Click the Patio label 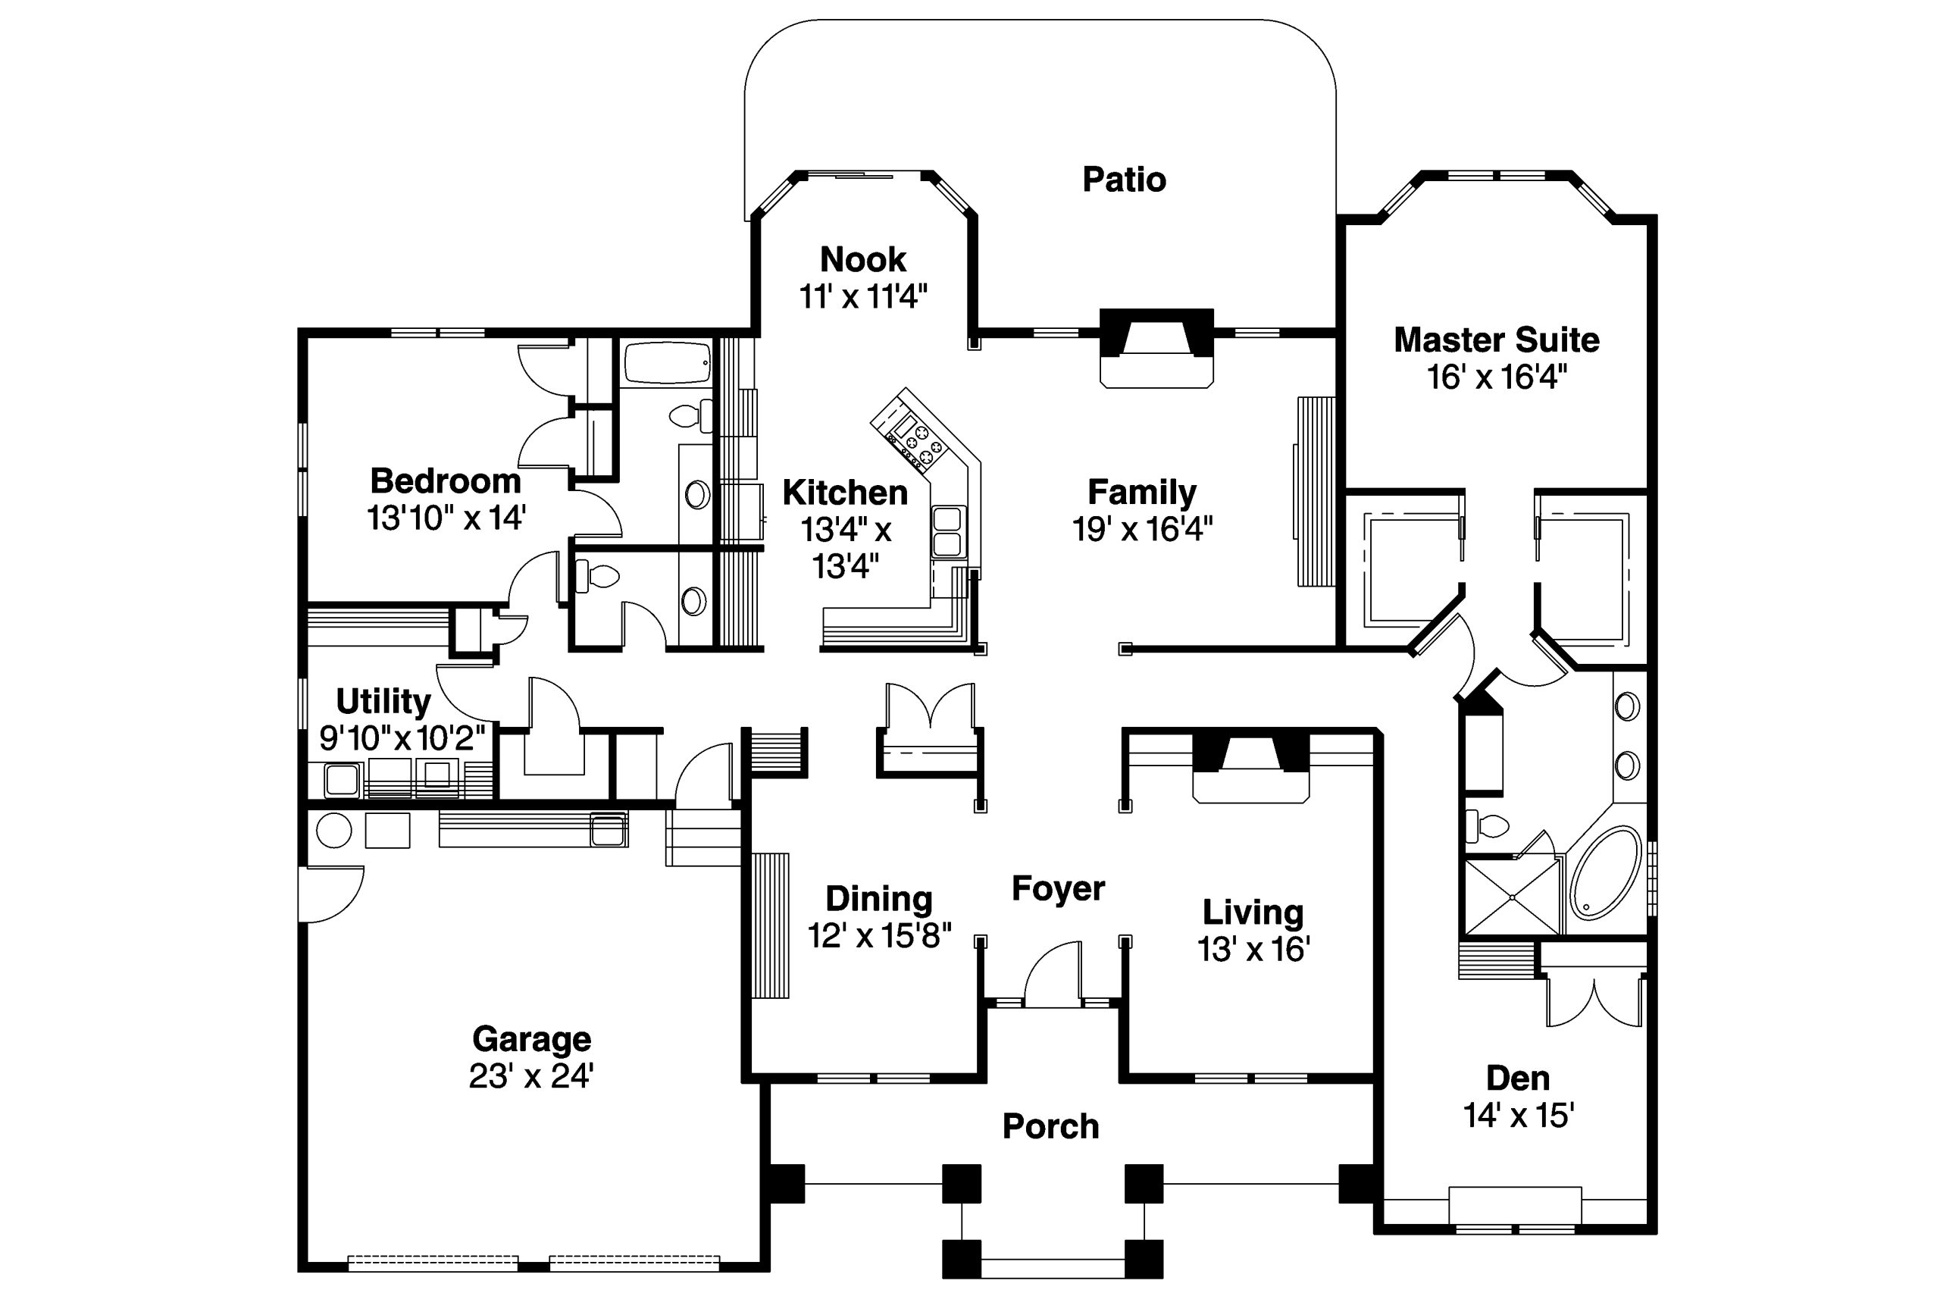[1124, 180]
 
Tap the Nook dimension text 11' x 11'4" [862, 296]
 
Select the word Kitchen [844, 493]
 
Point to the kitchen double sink [947, 532]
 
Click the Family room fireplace [1156, 346]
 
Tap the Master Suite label [1496, 340]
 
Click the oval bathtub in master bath [1604, 873]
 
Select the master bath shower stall [1511, 897]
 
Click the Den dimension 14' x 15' [1518, 1116]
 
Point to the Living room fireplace [1250, 767]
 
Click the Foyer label [1058, 889]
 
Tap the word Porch [1050, 1126]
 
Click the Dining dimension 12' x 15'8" [879, 936]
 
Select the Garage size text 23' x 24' [531, 1076]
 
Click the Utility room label [383, 702]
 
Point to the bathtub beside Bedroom [666, 364]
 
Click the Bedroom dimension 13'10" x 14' [446, 518]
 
